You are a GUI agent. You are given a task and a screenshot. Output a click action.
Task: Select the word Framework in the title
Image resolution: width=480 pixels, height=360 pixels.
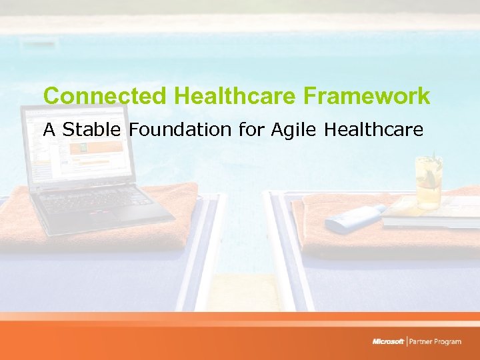point(367,97)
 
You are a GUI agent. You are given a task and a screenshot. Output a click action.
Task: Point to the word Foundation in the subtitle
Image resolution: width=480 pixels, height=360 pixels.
point(181,129)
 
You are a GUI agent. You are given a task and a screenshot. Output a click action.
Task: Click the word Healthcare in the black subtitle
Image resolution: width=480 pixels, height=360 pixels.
point(373,129)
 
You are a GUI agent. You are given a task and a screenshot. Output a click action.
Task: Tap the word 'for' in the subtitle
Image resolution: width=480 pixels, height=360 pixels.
point(253,129)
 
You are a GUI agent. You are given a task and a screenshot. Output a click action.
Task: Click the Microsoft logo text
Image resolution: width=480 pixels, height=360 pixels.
point(388,342)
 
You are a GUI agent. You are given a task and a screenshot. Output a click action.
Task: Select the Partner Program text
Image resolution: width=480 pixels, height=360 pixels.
point(436,342)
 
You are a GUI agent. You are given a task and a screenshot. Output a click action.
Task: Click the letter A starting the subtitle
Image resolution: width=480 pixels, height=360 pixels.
point(49,129)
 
